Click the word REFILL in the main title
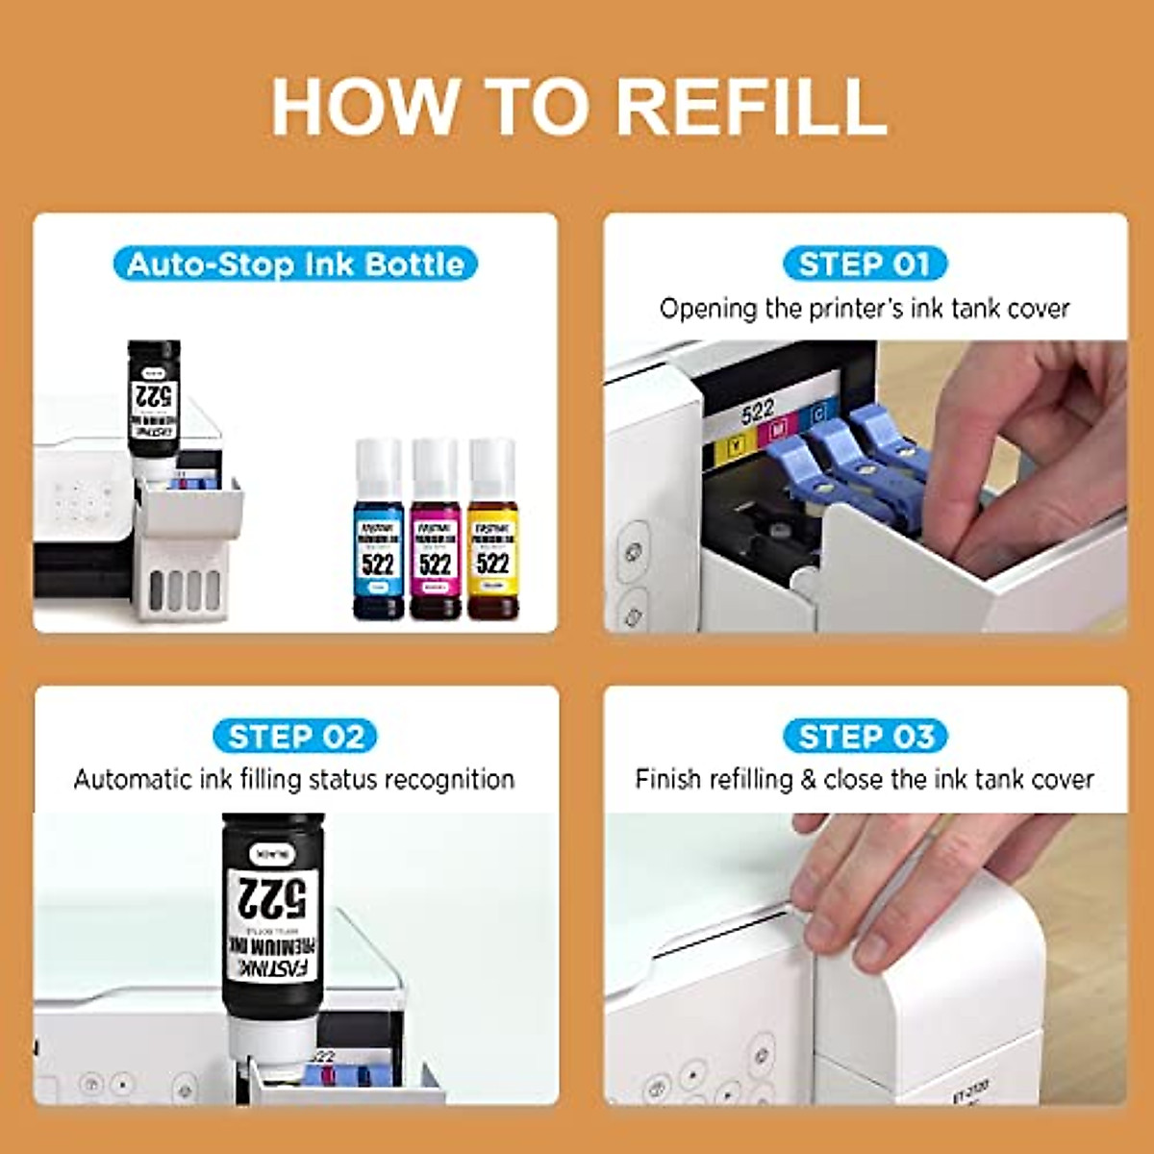[750, 106]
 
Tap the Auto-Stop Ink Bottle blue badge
[295, 264]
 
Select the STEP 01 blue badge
[865, 263]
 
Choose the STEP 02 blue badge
[295, 737]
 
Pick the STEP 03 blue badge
[865, 737]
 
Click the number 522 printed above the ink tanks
[758, 412]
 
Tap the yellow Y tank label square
[737, 444]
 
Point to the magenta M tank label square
[778, 430]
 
